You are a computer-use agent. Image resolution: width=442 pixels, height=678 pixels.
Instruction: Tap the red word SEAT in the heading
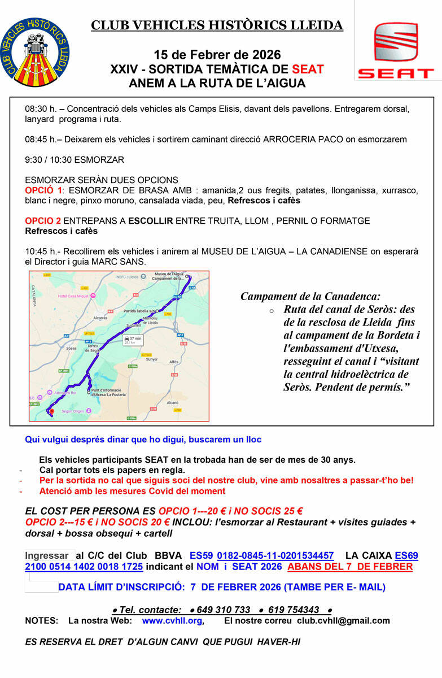click(308, 69)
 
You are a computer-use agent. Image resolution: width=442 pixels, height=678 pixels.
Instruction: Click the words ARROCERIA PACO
click(300, 139)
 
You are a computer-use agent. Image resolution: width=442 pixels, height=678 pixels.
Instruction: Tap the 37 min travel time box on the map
click(134, 340)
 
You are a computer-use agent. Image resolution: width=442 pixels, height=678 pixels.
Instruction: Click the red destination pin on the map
click(51, 411)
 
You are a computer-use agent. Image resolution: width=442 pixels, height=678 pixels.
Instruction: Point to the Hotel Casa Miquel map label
click(73, 296)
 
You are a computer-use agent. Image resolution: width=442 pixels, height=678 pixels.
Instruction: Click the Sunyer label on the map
click(152, 359)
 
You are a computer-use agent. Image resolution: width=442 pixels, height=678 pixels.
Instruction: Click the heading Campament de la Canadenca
click(310, 296)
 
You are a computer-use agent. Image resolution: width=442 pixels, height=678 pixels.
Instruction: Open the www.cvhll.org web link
click(172, 620)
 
